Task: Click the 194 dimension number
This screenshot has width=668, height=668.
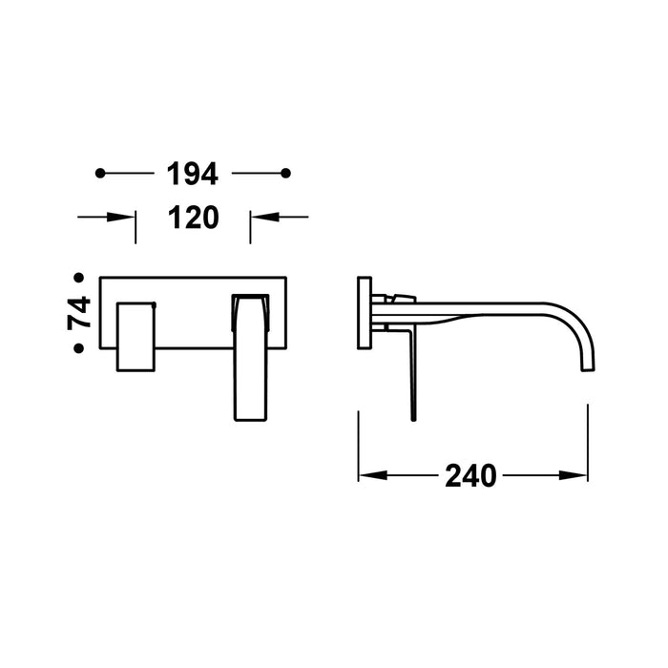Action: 193,174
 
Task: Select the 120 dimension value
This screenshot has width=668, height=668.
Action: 193,218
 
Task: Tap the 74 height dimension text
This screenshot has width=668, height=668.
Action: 79,313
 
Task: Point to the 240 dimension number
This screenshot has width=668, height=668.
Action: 470,475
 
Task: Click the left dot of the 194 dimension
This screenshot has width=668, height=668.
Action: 99,173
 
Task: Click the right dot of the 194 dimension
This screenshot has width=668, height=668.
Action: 285,173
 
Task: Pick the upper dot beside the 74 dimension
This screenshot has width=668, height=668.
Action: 79,278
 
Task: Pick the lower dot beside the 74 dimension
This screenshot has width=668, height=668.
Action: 79,349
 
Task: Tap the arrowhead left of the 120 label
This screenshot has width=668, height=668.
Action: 127,218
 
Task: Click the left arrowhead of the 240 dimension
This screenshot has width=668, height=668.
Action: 367,475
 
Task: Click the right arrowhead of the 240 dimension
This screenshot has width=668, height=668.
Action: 578,475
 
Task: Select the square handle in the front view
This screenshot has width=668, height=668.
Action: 136,337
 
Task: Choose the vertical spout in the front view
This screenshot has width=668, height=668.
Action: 251,358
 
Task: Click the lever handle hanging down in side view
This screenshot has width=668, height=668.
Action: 411,372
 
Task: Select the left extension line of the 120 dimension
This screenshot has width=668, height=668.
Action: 136,227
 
